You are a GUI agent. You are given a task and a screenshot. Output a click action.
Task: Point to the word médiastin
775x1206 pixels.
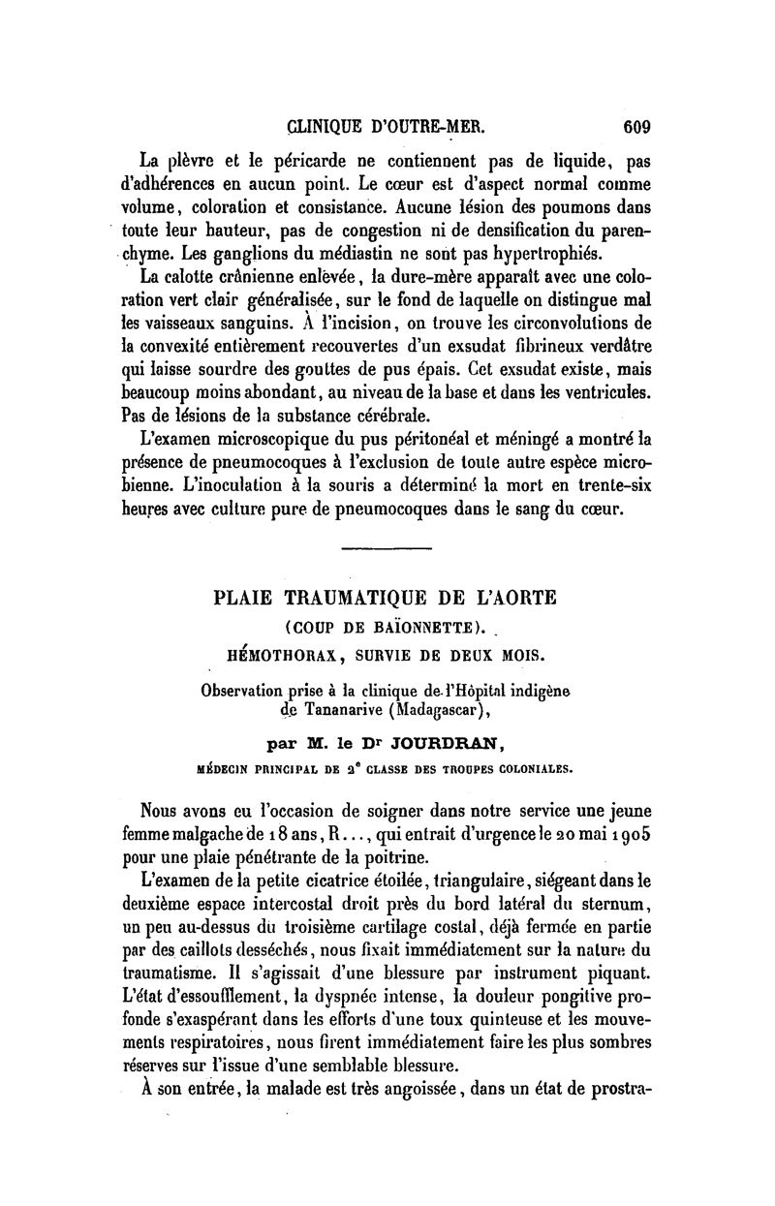point(343,254)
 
